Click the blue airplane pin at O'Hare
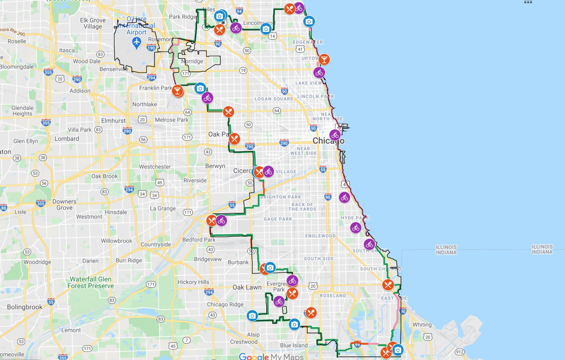(136, 43)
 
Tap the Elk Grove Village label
(93, 23)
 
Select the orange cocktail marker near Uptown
(324, 59)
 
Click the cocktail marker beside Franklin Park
(177, 91)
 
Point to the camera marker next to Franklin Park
(200, 88)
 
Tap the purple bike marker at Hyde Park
(356, 228)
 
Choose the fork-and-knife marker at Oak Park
(235, 139)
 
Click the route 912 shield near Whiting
(459, 352)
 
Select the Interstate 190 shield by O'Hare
(151, 48)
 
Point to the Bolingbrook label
(25, 307)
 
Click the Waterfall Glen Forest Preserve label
(91, 282)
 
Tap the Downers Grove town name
(64, 205)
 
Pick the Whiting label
(422, 325)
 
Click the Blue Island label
(294, 345)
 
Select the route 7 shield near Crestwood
(186, 340)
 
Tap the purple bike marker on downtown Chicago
(335, 135)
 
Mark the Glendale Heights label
(22, 111)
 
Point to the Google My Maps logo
(271, 356)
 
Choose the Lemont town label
(71, 330)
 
